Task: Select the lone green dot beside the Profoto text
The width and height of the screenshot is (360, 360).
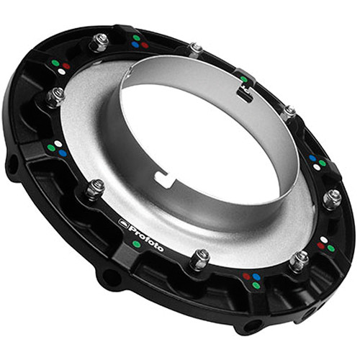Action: (137, 244)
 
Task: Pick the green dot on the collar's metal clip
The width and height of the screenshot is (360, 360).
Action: (243, 80)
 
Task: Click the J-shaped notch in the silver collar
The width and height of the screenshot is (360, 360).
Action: (164, 174)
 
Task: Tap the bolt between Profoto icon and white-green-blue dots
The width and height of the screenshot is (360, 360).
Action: (95, 189)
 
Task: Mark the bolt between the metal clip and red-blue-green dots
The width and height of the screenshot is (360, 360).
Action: (195, 48)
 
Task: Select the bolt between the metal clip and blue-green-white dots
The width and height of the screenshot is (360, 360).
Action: (289, 112)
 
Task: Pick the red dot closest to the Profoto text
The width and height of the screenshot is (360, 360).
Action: (246, 276)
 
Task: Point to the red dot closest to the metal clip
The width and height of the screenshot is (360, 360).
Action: (145, 45)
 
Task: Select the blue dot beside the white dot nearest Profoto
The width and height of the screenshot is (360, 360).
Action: (62, 153)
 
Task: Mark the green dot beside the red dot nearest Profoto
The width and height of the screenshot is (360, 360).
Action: (256, 285)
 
